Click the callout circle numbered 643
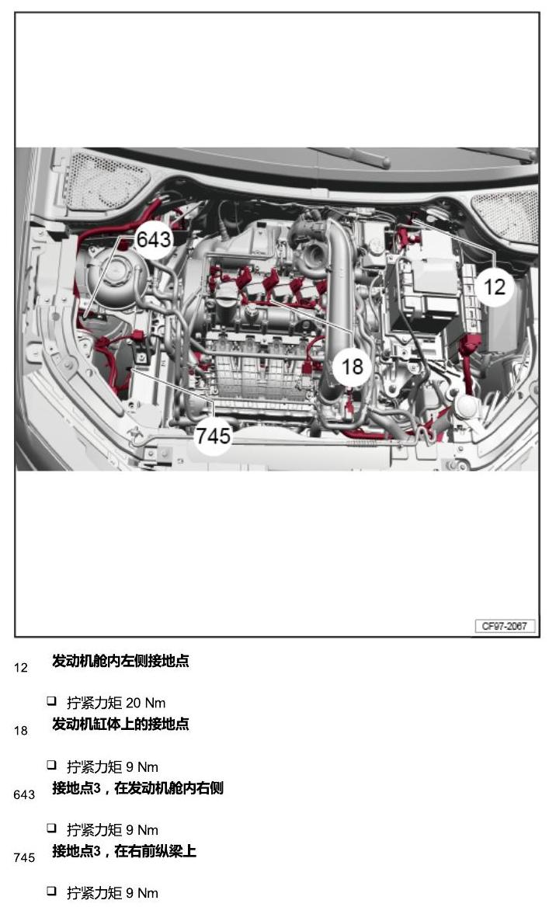[154, 240]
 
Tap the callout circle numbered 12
[494, 287]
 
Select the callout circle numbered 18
[352, 367]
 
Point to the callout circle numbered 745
[213, 436]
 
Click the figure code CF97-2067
[505, 626]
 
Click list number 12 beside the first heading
[21, 667]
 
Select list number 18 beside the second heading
[21, 731]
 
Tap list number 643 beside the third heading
[24, 794]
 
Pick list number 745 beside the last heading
[24, 857]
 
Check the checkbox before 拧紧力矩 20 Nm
[52, 700]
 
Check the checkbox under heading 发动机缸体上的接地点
[52, 764]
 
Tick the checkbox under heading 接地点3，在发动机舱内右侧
[52, 827]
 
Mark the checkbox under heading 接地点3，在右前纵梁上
[52, 890]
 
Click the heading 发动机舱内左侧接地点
[120, 660]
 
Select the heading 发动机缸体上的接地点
[120, 724]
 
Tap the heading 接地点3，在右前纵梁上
[124, 851]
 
